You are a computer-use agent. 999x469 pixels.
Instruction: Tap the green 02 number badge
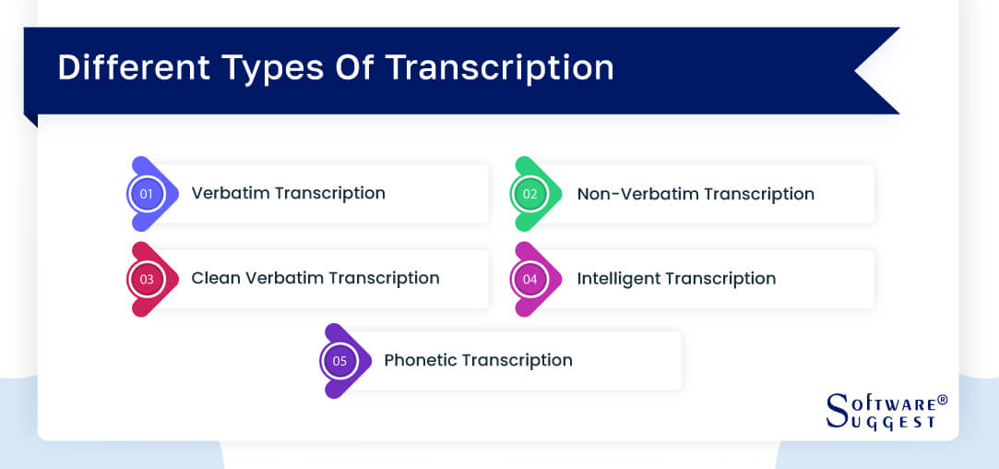[x=529, y=194]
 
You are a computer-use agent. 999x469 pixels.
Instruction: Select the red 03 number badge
[x=147, y=279]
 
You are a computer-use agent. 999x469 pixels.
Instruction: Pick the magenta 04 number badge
[x=529, y=279]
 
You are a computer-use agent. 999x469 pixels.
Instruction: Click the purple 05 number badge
[x=339, y=361]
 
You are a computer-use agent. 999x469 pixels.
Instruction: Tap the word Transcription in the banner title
[x=500, y=69]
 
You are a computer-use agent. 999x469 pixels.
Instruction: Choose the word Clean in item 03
[x=215, y=278]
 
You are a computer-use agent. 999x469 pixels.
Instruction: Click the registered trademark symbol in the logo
[x=942, y=401]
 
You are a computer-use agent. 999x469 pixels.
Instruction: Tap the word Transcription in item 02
[x=758, y=194]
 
